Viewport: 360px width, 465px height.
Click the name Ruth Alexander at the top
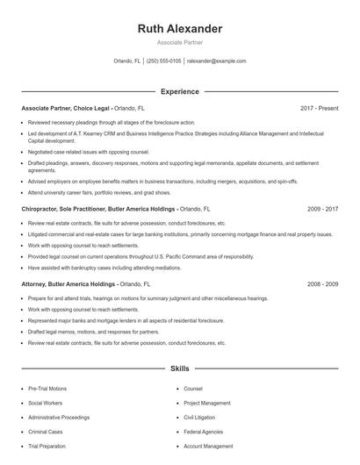180,29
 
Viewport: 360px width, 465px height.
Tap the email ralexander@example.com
216,61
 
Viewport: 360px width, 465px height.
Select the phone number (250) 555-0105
164,61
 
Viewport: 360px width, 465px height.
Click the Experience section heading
179,91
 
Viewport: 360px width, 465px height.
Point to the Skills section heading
179,369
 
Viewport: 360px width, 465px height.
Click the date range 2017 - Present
319,108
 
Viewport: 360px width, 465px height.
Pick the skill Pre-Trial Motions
47,388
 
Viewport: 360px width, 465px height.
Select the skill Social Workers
45,403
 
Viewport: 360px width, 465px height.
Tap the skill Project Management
207,403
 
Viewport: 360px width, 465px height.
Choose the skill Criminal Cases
45,432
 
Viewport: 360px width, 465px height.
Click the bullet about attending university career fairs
99,192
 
